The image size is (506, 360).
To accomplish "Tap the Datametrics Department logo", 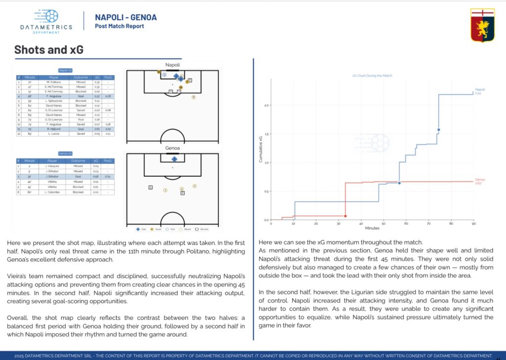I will click(46, 22).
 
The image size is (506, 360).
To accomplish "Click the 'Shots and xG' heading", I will click(48, 50).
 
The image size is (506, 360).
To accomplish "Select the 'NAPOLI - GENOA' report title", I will click(126, 18).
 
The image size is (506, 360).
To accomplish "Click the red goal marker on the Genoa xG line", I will click(345, 216).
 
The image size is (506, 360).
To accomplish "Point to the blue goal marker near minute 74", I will click(438, 130).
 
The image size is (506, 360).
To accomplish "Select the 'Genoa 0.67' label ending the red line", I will click(479, 181).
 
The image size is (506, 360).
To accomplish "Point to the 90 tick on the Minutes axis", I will click(473, 224).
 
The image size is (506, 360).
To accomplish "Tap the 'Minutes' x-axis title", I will click(372, 228).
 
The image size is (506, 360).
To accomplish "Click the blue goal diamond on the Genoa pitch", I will click(174, 159).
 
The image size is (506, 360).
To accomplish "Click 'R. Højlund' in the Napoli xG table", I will click(53, 128).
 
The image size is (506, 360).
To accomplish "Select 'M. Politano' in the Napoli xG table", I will click(53, 82).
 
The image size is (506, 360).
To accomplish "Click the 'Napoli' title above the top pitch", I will click(172, 65).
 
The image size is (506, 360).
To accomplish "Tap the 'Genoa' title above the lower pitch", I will click(172, 148).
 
